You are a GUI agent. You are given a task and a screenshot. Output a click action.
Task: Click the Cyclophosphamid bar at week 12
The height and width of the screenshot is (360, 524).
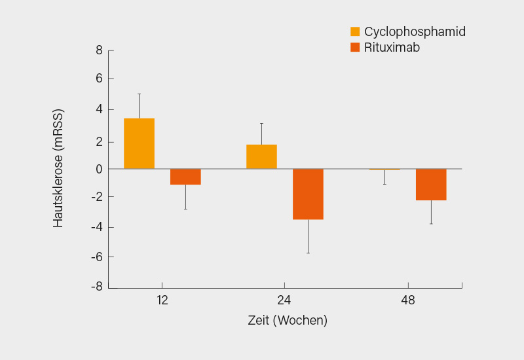(x=139, y=143)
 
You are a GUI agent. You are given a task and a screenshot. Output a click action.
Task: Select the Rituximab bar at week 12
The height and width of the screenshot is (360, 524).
(x=185, y=177)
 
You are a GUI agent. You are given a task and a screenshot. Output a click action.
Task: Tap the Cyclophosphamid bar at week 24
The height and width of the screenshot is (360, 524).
(x=261, y=156)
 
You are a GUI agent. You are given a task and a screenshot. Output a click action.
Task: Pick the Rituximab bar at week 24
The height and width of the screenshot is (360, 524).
(x=308, y=194)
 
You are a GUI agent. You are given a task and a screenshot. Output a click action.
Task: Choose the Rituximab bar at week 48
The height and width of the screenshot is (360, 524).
(x=431, y=184)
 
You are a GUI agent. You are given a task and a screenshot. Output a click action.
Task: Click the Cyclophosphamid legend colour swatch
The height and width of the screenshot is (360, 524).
(x=355, y=31)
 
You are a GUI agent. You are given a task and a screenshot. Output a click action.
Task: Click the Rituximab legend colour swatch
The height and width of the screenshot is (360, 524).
(x=355, y=47)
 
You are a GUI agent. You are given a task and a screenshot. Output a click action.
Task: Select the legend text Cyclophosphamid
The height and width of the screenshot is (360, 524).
(x=415, y=31)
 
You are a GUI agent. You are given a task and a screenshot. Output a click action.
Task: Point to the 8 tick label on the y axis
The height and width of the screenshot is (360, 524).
(x=99, y=50)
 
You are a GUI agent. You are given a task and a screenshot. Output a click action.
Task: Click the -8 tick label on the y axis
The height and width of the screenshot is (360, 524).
(x=96, y=287)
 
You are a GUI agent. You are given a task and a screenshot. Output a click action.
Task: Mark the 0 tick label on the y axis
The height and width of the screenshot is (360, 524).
(x=99, y=169)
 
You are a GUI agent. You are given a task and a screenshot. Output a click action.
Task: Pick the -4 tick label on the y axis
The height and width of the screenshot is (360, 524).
(x=96, y=227)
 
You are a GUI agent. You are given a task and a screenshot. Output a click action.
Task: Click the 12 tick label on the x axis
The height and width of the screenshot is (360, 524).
(x=162, y=300)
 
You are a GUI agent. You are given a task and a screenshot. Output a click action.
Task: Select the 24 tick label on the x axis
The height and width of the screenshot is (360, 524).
(x=284, y=300)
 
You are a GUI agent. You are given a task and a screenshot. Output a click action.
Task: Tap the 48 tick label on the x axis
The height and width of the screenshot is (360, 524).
(x=407, y=300)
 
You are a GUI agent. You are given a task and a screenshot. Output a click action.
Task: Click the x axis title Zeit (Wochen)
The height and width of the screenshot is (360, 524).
(x=288, y=321)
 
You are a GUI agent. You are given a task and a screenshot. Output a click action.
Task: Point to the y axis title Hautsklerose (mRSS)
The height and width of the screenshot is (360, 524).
(x=59, y=168)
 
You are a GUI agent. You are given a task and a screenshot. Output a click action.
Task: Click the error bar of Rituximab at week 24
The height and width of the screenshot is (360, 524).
(x=308, y=236)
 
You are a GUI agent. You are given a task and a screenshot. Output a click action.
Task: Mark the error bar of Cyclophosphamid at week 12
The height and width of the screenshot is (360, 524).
(x=139, y=105)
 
